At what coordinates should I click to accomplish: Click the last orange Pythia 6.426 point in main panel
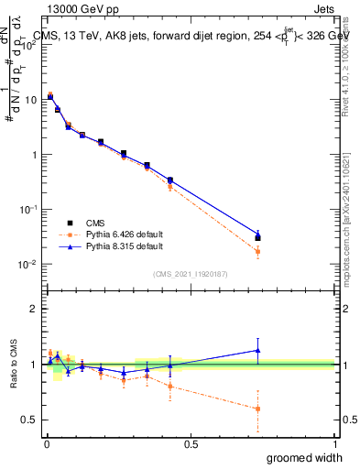click(x=257, y=251)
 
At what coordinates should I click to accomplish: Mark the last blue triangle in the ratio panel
click(x=257, y=350)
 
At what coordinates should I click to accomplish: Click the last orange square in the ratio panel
click(x=257, y=409)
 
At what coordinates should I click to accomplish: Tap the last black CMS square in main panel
click(x=257, y=238)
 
